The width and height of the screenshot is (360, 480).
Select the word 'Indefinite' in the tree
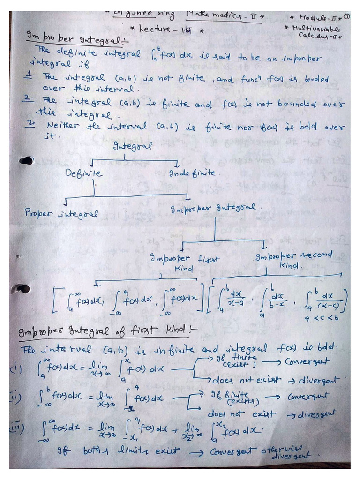point(192,173)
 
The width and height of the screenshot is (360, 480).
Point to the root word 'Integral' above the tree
point(132,146)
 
